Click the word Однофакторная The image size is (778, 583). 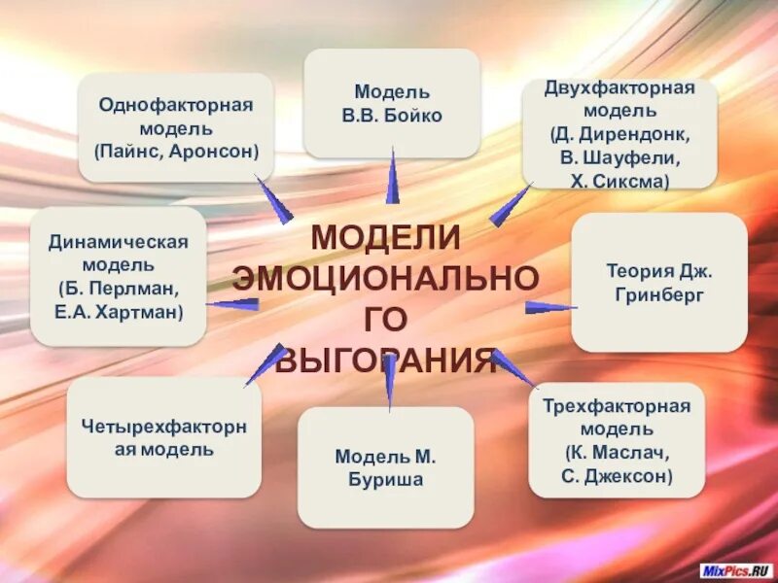coord(175,104)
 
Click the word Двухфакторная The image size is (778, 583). coord(620,88)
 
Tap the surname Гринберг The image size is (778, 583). coord(658,294)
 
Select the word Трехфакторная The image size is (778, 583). coord(616,406)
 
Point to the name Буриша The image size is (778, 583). coord(386,478)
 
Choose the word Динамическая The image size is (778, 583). coord(118,242)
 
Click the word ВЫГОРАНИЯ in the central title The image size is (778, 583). coord(386,361)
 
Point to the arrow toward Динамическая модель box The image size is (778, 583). coord(233,304)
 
